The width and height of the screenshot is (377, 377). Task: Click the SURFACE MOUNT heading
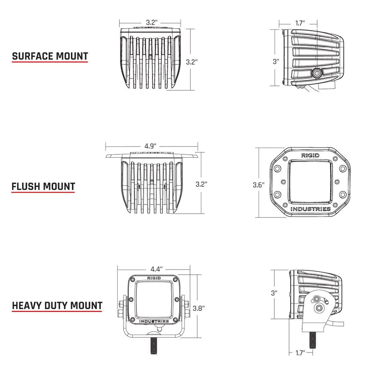[x=50, y=56]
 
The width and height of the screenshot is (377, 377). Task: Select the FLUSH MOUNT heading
[x=43, y=186]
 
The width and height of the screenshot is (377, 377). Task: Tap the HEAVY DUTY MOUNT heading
[x=57, y=306]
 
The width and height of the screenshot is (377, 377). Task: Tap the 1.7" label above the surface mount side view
[x=300, y=23]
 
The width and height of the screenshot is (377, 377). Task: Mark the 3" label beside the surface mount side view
[x=276, y=62]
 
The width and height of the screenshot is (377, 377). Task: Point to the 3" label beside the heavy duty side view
[x=274, y=293]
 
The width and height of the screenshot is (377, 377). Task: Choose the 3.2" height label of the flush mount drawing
[x=201, y=184]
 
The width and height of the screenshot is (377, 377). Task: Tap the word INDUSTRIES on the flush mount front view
[x=310, y=209]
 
